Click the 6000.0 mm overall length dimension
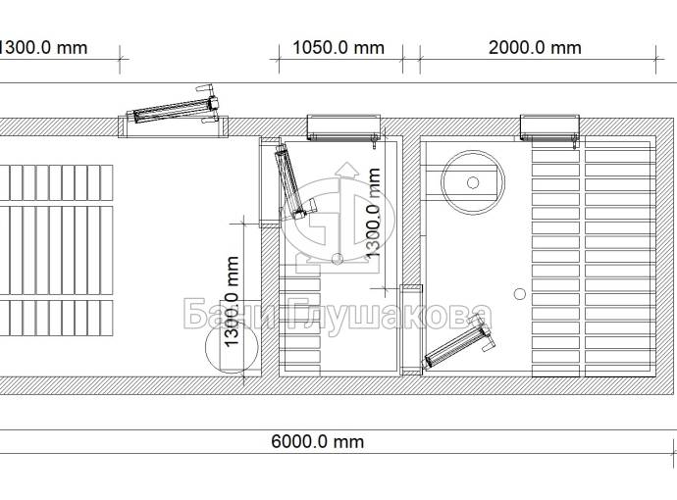(x=317, y=441)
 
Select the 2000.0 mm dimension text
(x=535, y=47)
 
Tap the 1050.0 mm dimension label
(x=338, y=47)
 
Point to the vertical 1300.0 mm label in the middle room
(x=373, y=214)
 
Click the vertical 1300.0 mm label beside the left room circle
(x=232, y=302)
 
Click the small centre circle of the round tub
(x=473, y=182)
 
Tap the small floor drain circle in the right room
(x=520, y=294)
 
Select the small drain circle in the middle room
(x=338, y=259)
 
